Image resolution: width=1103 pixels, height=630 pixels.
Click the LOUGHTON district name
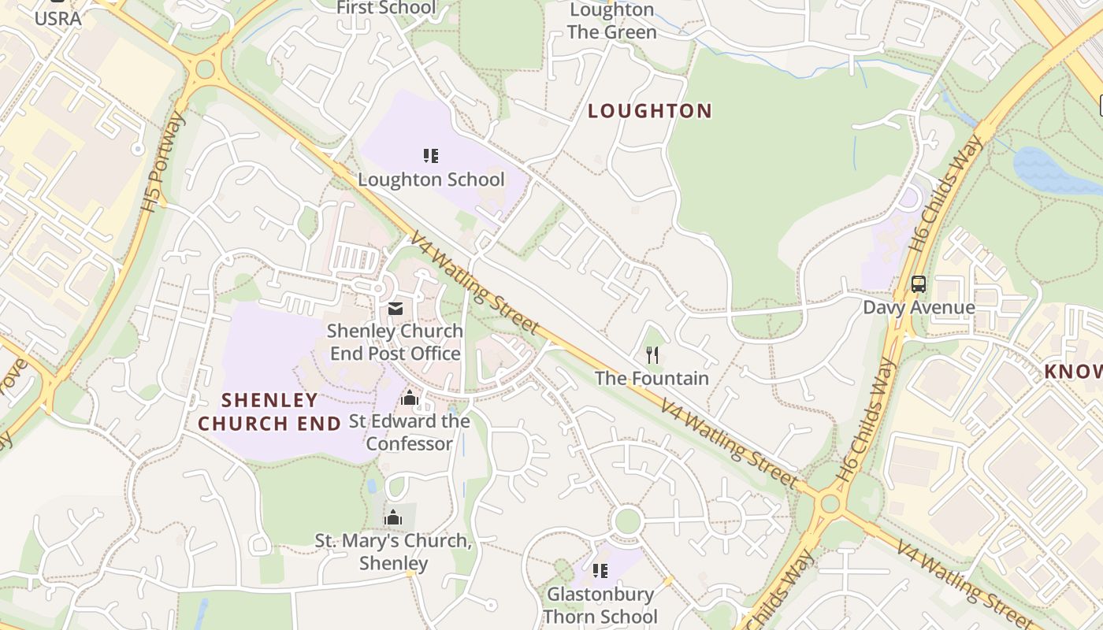coord(650,111)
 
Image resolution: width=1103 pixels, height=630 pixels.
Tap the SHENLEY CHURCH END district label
coord(269,412)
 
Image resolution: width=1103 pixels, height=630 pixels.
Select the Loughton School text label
coord(431,180)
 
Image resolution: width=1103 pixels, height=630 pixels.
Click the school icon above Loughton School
coord(430,155)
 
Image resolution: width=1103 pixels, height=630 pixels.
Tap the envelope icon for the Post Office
coord(395,308)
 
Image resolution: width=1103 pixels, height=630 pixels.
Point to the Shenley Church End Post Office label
coord(394,342)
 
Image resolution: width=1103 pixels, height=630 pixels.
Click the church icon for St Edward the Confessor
coord(409,398)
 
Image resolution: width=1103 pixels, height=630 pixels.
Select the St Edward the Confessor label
coord(410,432)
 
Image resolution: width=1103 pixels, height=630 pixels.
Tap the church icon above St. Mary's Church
coord(392,517)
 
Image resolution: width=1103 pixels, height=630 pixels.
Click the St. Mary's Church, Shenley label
coord(393,552)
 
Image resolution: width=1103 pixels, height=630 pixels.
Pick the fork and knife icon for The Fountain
coord(652,355)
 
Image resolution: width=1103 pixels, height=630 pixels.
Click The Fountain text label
coord(652,378)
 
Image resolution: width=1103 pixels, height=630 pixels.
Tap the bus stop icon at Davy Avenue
coord(918,283)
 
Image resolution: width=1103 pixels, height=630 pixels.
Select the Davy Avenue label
coord(919,307)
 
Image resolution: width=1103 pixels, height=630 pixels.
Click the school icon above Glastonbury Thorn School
coord(600,570)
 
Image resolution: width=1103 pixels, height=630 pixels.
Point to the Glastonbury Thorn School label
coord(600,605)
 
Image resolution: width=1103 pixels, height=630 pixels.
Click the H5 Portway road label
coord(164,163)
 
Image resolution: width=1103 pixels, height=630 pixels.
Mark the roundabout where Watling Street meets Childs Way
coord(830,503)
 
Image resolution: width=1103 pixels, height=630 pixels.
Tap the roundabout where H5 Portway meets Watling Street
coord(205,69)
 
